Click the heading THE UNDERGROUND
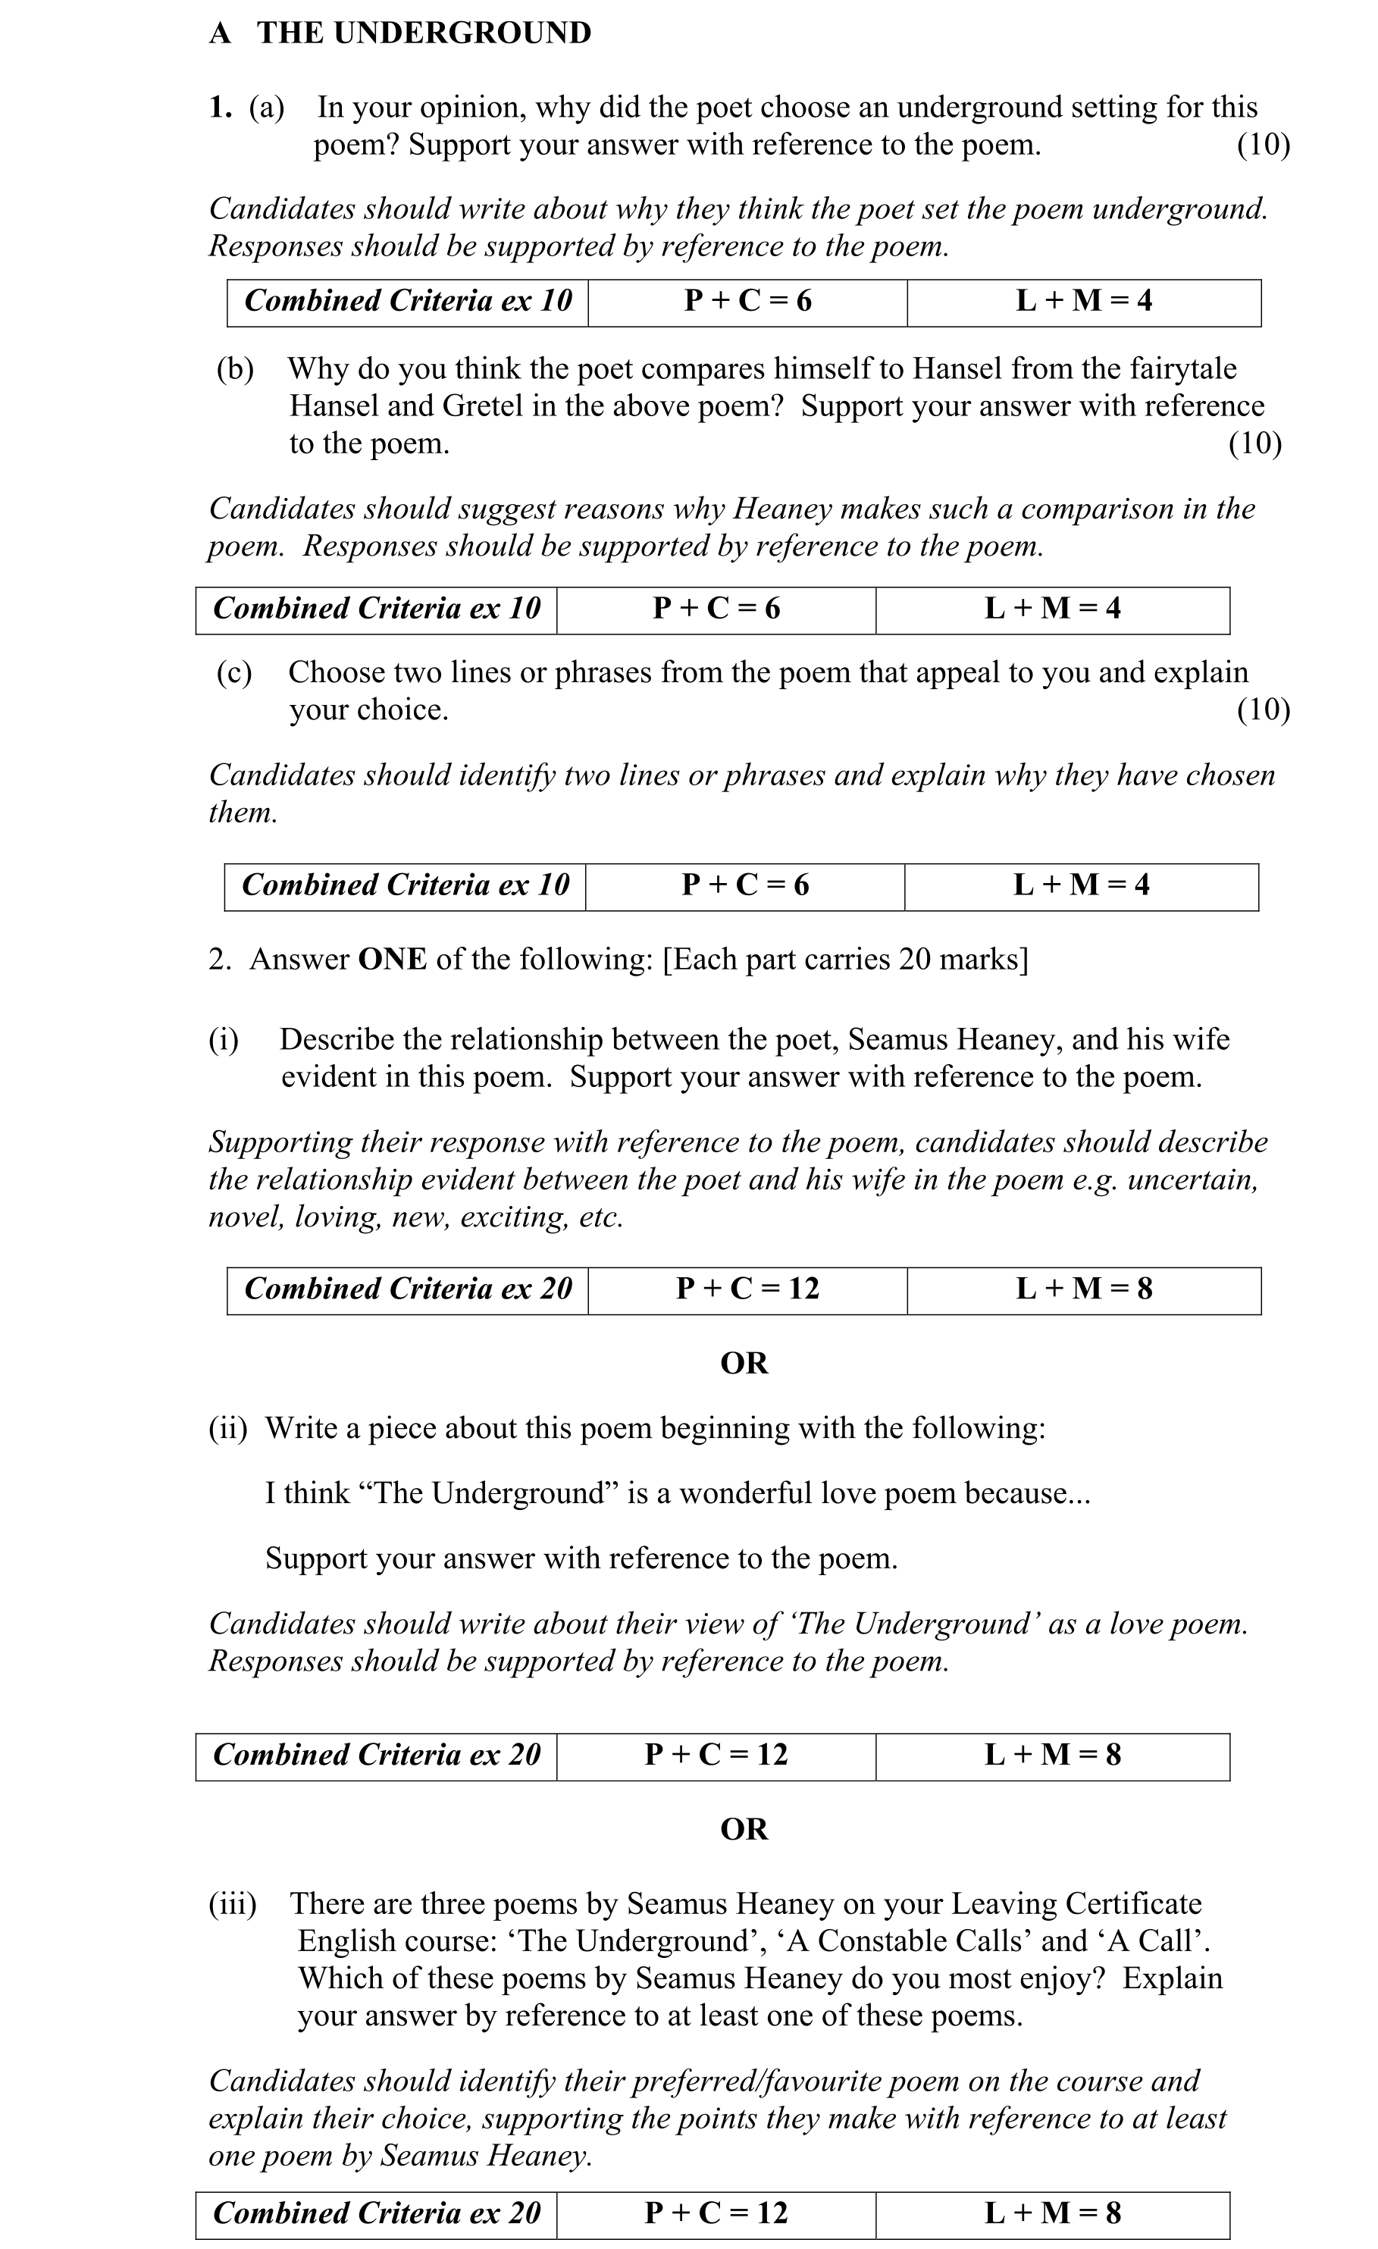pos(424,33)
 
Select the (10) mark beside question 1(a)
pos(1263,145)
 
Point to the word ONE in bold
pos(393,960)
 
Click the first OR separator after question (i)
pos(744,1364)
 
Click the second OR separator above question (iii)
pos(744,1830)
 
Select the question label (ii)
pos(228,1428)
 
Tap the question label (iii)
pos(233,1904)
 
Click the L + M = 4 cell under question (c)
pos(1082,885)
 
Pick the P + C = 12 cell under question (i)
pos(747,1289)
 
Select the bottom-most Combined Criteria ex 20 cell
pos(376,2214)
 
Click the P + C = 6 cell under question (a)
pos(747,301)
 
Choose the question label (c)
pos(233,672)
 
